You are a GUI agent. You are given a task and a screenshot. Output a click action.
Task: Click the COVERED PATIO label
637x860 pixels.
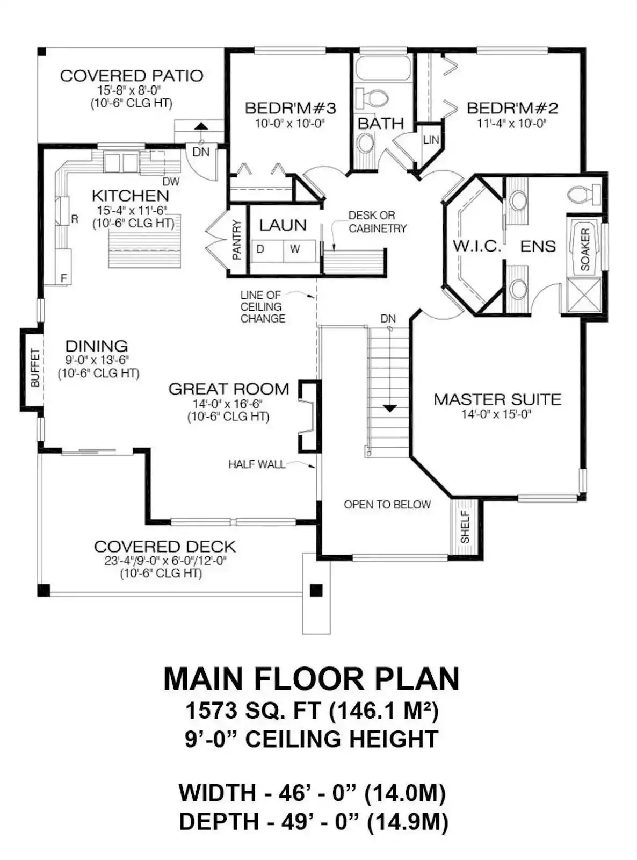click(132, 76)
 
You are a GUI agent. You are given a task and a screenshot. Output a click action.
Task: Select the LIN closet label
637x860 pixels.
click(431, 140)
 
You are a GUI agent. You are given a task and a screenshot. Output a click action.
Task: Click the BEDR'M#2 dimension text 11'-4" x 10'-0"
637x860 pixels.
click(511, 124)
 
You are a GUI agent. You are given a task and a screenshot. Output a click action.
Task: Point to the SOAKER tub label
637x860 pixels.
click(585, 249)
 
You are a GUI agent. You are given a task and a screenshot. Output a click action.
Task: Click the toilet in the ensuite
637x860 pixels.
click(584, 193)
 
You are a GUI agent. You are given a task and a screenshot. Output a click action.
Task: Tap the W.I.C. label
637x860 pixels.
click(477, 246)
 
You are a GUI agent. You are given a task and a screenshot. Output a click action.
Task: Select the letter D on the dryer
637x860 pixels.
click(260, 249)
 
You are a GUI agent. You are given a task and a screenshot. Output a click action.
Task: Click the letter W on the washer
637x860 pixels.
click(295, 249)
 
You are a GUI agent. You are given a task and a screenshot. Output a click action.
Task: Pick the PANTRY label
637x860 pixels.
click(237, 240)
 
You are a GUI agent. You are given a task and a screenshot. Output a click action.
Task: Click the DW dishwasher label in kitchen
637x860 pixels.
click(170, 182)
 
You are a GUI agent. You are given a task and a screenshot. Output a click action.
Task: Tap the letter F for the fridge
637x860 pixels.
click(64, 278)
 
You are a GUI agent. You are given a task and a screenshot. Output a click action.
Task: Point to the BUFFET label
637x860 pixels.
click(35, 368)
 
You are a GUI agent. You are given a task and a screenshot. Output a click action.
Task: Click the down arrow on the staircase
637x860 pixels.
click(389, 408)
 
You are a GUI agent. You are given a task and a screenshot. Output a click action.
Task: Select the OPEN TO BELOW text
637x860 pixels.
click(387, 505)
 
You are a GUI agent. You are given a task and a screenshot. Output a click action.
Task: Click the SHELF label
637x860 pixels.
click(465, 528)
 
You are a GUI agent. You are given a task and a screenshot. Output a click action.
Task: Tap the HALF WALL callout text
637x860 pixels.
click(257, 464)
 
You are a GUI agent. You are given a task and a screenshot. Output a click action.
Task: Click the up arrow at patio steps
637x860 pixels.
click(201, 126)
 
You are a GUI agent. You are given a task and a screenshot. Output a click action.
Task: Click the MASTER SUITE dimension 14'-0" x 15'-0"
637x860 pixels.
click(496, 414)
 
